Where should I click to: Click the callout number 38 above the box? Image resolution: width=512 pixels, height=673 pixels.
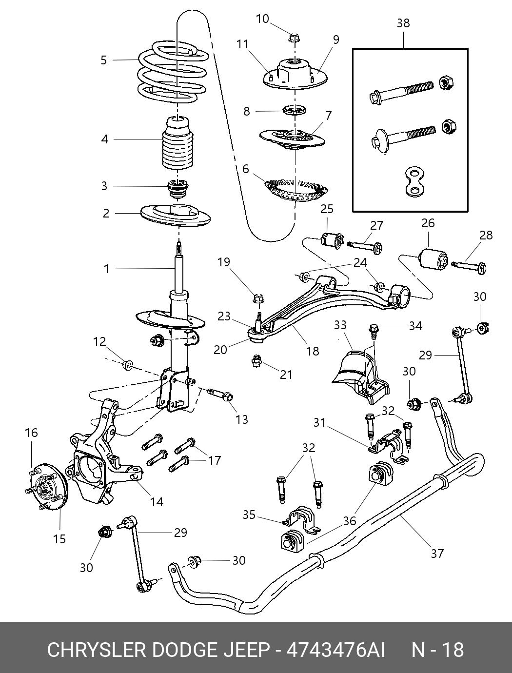click(x=403, y=23)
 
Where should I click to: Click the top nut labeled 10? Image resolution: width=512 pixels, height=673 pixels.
click(x=295, y=39)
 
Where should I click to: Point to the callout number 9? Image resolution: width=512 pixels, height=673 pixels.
click(x=335, y=40)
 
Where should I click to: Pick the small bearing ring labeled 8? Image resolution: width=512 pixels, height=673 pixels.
click(x=295, y=110)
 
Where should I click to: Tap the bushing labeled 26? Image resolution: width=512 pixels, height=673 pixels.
click(x=433, y=258)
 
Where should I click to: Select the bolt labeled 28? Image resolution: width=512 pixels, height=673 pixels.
click(x=469, y=267)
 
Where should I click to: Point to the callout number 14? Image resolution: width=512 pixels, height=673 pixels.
click(x=157, y=502)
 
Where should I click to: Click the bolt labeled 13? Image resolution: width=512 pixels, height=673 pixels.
click(x=220, y=395)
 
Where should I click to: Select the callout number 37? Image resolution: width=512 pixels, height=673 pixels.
click(x=437, y=554)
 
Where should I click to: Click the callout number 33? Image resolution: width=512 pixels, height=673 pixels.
click(x=340, y=325)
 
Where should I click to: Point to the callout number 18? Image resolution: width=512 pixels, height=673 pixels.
click(x=313, y=351)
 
